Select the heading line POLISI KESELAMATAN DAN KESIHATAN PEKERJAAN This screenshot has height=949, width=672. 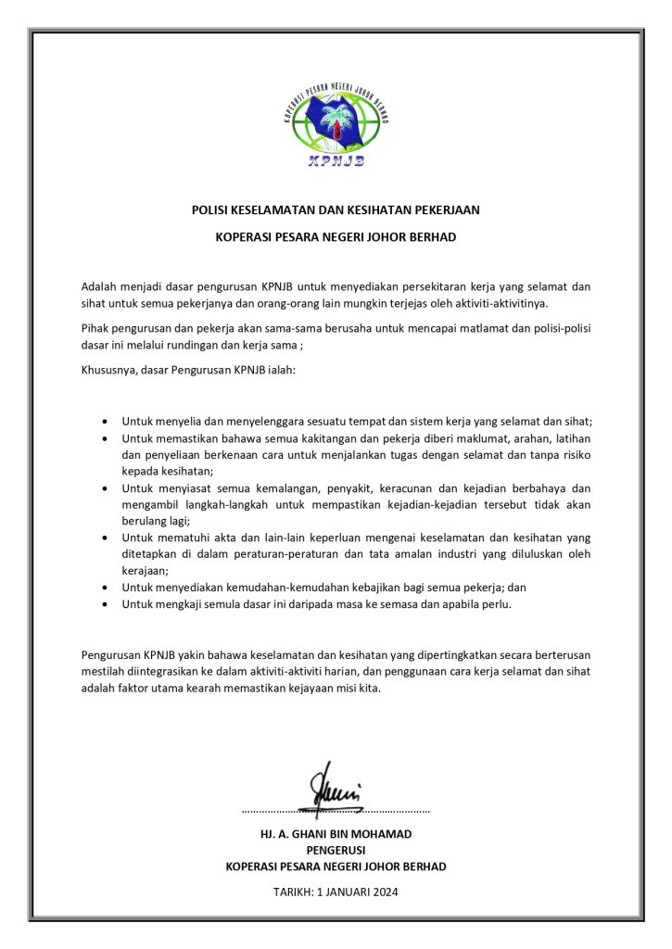336,210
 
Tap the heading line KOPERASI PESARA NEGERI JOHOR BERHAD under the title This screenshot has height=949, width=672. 336,237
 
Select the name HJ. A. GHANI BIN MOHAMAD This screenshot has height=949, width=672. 336,834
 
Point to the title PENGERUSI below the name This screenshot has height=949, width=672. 336,850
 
